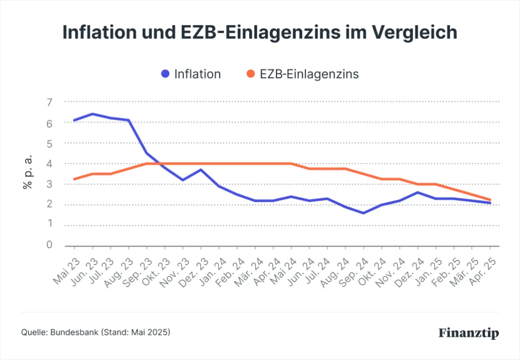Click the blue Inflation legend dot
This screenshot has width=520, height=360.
point(165,74)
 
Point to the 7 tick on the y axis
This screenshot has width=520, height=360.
point(50,102)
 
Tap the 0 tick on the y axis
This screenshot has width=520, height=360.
point(50,245)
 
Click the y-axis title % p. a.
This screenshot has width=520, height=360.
point(28,171)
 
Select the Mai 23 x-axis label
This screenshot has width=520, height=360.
point(66,270)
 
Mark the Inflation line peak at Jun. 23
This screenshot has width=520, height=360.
point(92,114)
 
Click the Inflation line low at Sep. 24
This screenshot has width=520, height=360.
point(364,212)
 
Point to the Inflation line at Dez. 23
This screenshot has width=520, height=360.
point(201,170)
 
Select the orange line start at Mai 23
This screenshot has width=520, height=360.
point(75,179)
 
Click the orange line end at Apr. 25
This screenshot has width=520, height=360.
point(490,200)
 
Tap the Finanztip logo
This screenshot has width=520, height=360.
point(469,333)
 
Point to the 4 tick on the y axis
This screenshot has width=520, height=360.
point(50,163)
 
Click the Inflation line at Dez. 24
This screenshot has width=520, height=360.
point(418,192)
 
